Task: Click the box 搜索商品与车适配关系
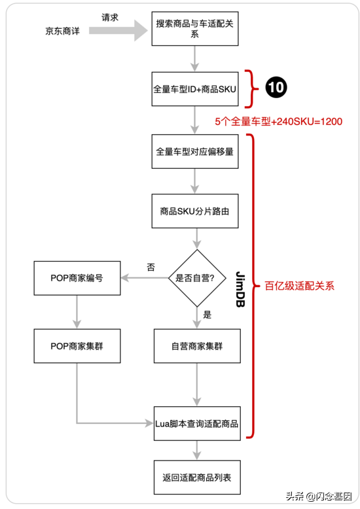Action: coord(195,29)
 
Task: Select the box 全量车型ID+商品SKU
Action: coord(195,88)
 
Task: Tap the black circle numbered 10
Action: coord(276,88)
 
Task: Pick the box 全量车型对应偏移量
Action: coord(195,151)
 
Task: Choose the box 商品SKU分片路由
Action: coord(195,211)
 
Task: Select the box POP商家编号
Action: coord(77,278)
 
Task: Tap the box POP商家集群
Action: coord(77,345)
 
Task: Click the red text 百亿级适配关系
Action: coord(299,286)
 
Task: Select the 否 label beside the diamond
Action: coord(151,268)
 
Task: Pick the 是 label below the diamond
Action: coord(207,315)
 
